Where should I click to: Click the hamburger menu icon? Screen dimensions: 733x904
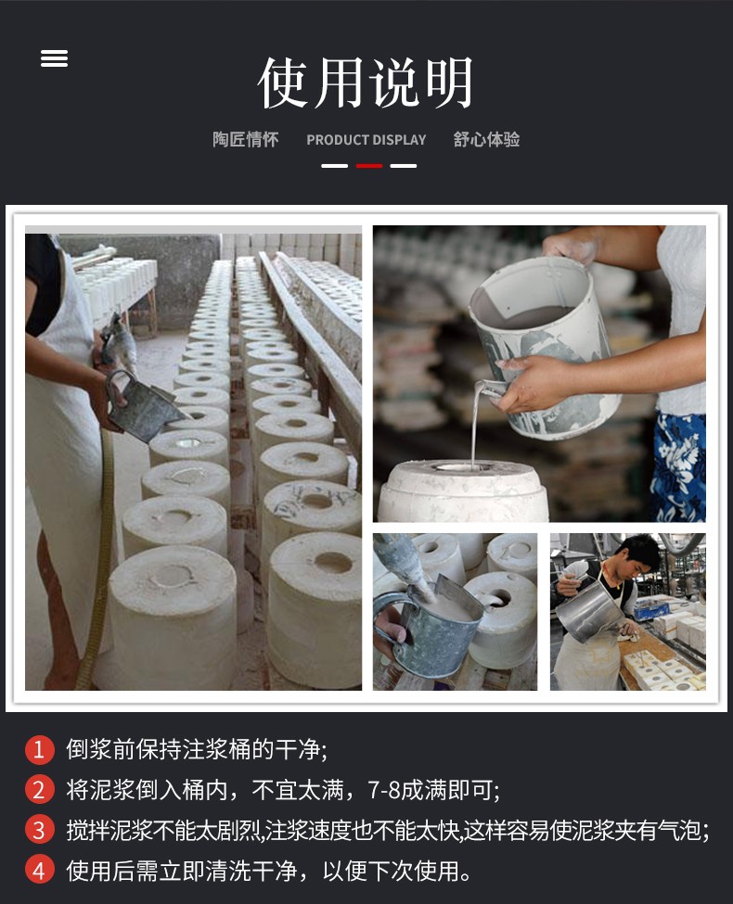54,58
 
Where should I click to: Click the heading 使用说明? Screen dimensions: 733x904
366,83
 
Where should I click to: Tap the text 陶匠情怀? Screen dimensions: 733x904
245,139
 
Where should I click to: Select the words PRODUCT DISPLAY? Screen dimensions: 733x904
366,140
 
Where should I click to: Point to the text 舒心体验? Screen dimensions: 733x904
486,139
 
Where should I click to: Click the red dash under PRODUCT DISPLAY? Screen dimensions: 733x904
369,166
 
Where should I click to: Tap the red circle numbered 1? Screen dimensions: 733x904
39,749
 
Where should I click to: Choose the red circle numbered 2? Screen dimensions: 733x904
39,790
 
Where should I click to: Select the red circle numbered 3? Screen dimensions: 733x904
39,830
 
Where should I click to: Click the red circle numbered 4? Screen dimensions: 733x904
39,871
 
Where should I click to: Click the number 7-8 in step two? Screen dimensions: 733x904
384,791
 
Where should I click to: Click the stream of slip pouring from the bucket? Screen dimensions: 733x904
475,424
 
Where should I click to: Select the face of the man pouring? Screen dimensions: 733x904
640,557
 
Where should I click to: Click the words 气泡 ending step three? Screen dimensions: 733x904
686,831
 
